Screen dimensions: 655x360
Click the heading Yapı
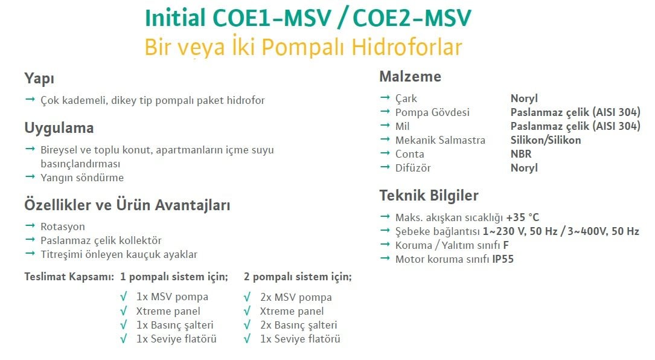pyautogui.click(x=39, y=79)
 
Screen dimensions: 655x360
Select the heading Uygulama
pyautogui.click(x=59, y=128)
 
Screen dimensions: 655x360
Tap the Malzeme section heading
pyautogui.click(x=411, y=77)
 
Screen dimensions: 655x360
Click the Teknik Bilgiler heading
pyautogui.click(x=429, y=195)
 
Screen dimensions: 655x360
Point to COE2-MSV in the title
pyautogui.click(x=412, y=18)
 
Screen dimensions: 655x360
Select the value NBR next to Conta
pyautogui.click(x=521, y=154)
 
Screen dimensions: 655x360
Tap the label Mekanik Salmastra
pyautogui.click(x=440, y=140)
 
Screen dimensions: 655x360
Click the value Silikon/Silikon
pyautogui.click(x=546, y=140)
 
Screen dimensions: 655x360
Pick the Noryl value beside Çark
pyautogui.click(x=524, y=98)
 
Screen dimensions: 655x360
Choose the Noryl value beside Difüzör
pyautogui.click(x=524, y=168)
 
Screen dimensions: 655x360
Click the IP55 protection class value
pyautogui.click(x=503, y=259)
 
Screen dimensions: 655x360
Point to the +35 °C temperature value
pyautogui.click(x=523, y=217)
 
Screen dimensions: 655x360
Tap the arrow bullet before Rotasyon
pyautogui.click(x=30, y=226)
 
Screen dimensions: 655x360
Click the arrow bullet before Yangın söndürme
pyautogui.click(x=30, y=177)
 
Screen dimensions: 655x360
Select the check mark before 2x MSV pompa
pyautogui.click(x=247, y=297)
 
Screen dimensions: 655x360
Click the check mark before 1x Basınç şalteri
pyautogui.click(x=123, y=324)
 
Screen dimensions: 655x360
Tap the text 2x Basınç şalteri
pyautogui.click(x=298, y=326)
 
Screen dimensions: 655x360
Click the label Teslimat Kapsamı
pyautogui.click(x=69, y=277)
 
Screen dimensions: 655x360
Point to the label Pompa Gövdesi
pyautogui.click(x=432, y=112)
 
